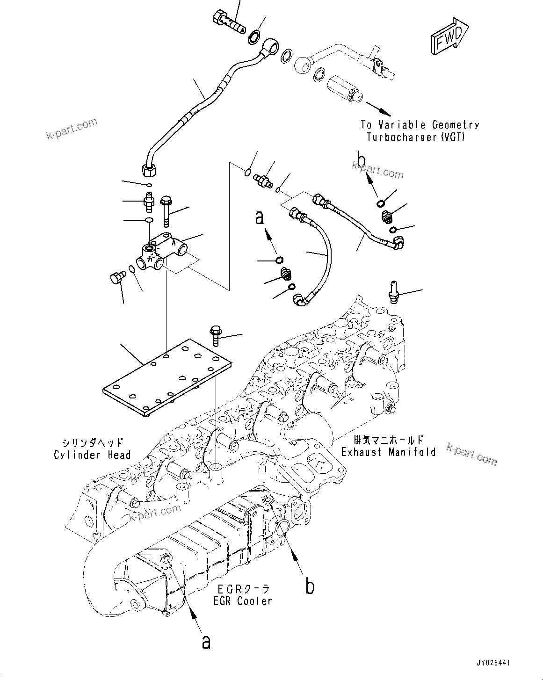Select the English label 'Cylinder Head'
click(92, 455)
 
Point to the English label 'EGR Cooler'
click(242, 601)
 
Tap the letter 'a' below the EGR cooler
click(206, 642)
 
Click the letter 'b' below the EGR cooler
click(310, 586)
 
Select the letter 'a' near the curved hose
click(260, 217)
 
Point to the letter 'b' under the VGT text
click(361, 159)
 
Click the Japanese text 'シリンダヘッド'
click(92, 442)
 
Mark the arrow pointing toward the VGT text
click(378, 109)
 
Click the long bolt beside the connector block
click(166, 211)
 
